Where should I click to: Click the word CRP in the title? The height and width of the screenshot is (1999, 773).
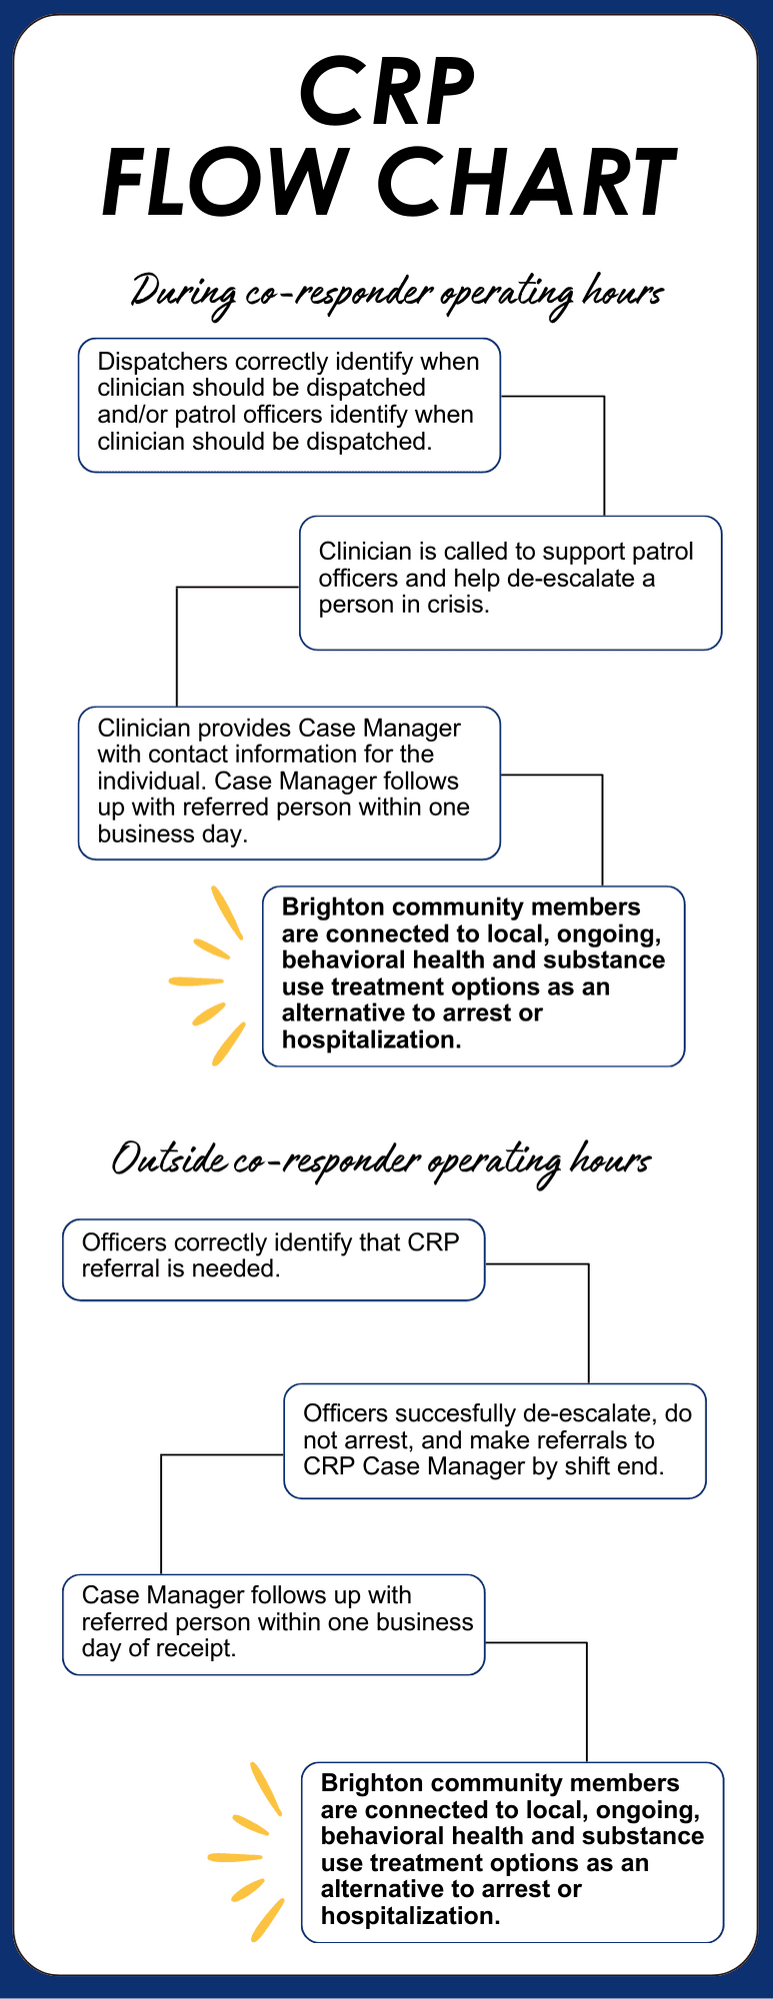(387, 92)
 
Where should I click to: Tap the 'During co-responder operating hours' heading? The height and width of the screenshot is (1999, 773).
(397, 291)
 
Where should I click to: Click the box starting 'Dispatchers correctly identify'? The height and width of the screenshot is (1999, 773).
(289, 405)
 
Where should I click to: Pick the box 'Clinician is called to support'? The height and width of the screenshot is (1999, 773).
(510, 583)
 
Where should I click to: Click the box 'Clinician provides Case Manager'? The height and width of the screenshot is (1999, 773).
(289, 783)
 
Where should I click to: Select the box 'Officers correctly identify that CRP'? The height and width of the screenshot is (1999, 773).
(273, 1258)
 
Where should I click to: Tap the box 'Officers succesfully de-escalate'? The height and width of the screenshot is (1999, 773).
(495, 1440)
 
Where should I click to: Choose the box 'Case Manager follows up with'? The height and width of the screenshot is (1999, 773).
(273, 1623)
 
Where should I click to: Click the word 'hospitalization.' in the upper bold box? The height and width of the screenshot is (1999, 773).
(371, 1039)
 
